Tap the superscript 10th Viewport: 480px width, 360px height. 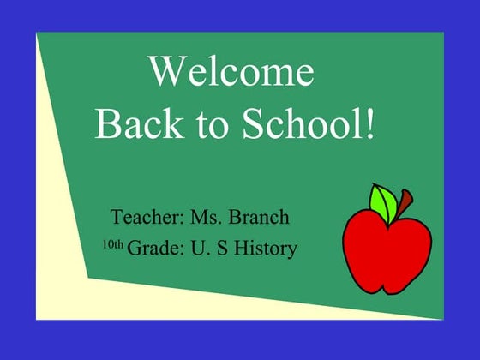(x=112, y=245)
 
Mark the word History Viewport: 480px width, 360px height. (x=265, y=249)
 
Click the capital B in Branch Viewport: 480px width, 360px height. (x=239, y=217)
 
